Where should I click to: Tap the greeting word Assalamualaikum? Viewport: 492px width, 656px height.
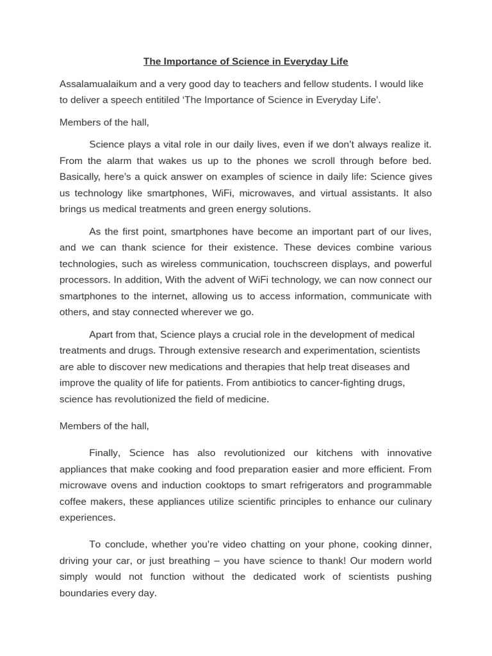pyautogui.click(x=97, y=84)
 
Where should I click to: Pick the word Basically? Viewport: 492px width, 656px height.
pyautogui.click(x=81, y=177)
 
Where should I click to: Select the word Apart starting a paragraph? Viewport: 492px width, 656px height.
pyautogui.click(x=102, y=334)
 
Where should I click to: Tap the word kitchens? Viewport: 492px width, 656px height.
pyautogui.click(x=332, y=453)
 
